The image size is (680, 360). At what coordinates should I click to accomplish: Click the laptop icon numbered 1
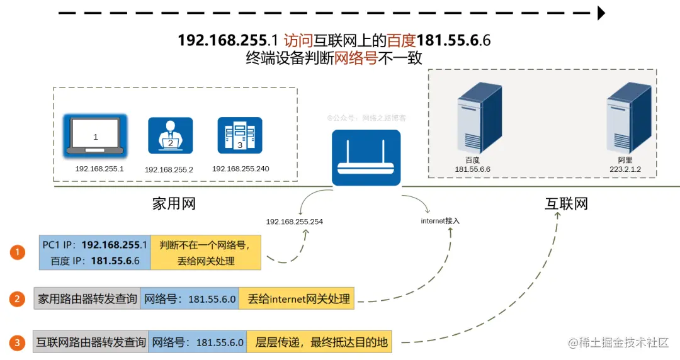[x=96, y=135]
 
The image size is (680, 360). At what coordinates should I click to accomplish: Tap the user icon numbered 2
[x=170, y=135]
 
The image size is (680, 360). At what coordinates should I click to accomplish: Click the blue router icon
[x=366, y=158]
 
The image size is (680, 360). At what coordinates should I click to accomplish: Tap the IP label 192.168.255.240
[x=245, y=169]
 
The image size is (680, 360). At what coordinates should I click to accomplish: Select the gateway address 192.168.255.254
[x=295, y=222]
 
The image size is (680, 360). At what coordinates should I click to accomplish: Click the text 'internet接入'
[x=440, y=221]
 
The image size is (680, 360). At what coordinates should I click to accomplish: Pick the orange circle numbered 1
[x=18, y=252]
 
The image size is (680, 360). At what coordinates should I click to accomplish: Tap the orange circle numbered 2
[x=18, y=298]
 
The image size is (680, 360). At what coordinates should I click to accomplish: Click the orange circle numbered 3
[x=18, y=342]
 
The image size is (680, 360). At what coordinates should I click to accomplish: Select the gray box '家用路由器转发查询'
[x=87, y=299]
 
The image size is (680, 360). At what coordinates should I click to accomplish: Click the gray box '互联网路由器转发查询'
[x=91, y=342]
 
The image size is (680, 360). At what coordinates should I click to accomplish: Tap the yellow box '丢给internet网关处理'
[x=297, y=299]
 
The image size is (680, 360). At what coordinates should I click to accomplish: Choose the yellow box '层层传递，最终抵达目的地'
[x=319, y=342]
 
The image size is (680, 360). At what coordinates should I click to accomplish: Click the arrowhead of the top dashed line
[x=601, y=13]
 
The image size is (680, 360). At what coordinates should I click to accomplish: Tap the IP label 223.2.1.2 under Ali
[x=625, y=169]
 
